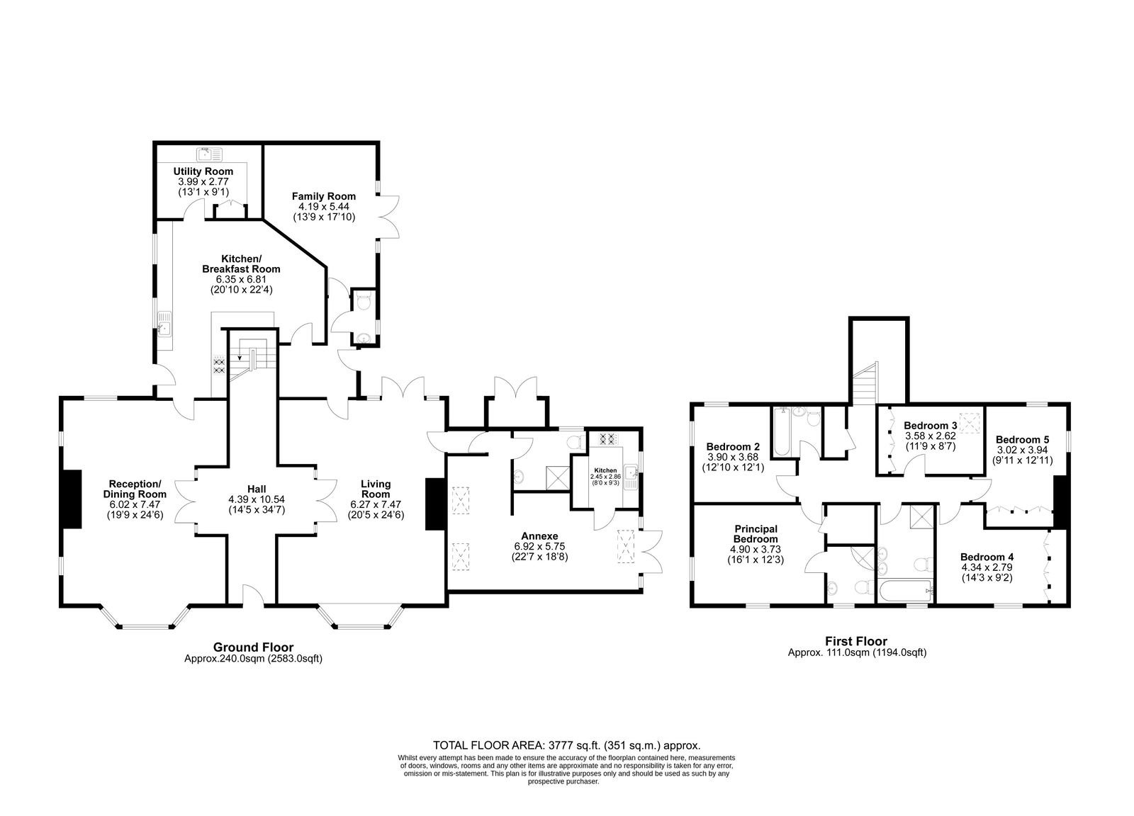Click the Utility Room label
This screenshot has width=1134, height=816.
point(203,171)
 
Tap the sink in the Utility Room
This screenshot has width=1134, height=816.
point(209,154)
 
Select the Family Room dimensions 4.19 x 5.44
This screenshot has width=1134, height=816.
point(323,206)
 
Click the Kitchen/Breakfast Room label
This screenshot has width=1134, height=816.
point(241,263)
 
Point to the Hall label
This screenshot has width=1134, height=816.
point(257,489)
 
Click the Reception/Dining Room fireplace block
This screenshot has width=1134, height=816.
point(72,499)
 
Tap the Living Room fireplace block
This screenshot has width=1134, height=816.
point(434,504)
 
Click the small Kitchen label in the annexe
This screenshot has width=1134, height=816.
point(605,470)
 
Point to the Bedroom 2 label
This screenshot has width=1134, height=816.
point(733,447)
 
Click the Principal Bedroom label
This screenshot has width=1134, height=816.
point(756,533)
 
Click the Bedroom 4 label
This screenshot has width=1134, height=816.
point(987,557)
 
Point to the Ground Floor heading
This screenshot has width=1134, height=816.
point(253,647)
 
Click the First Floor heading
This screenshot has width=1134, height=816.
point(857,641)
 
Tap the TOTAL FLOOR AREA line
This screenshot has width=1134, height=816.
point(566,745)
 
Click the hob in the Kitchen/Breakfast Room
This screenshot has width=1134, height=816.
point(219,366)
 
